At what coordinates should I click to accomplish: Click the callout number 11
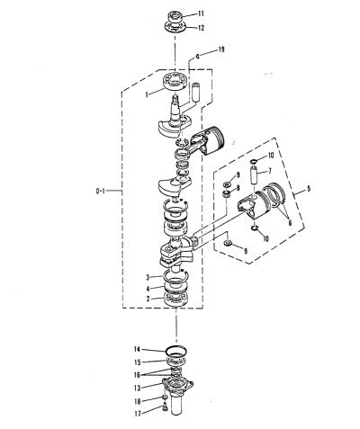(201, 13)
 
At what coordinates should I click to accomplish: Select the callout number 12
(201, 28)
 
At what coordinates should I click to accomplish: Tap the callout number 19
(220, 49)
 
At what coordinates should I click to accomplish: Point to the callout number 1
(147, 94)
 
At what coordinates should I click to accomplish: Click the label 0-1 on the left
(100, 191)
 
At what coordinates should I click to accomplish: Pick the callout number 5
(309, 189)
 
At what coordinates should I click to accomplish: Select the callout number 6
(290, 223)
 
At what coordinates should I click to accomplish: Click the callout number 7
(270, 171)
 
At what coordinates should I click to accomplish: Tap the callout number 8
(238, 188)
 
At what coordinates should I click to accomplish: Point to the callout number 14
(137, 349)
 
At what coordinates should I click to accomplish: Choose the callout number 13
(138, 388)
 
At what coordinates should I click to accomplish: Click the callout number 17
(138, 414)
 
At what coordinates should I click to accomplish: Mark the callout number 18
(138, 401)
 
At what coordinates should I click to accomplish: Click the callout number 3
(148, 277)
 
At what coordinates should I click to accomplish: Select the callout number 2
(148, 299)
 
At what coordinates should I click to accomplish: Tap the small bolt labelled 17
(164, 407)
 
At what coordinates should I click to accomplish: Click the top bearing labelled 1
(175, 81)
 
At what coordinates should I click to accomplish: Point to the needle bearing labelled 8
(226, 193)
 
